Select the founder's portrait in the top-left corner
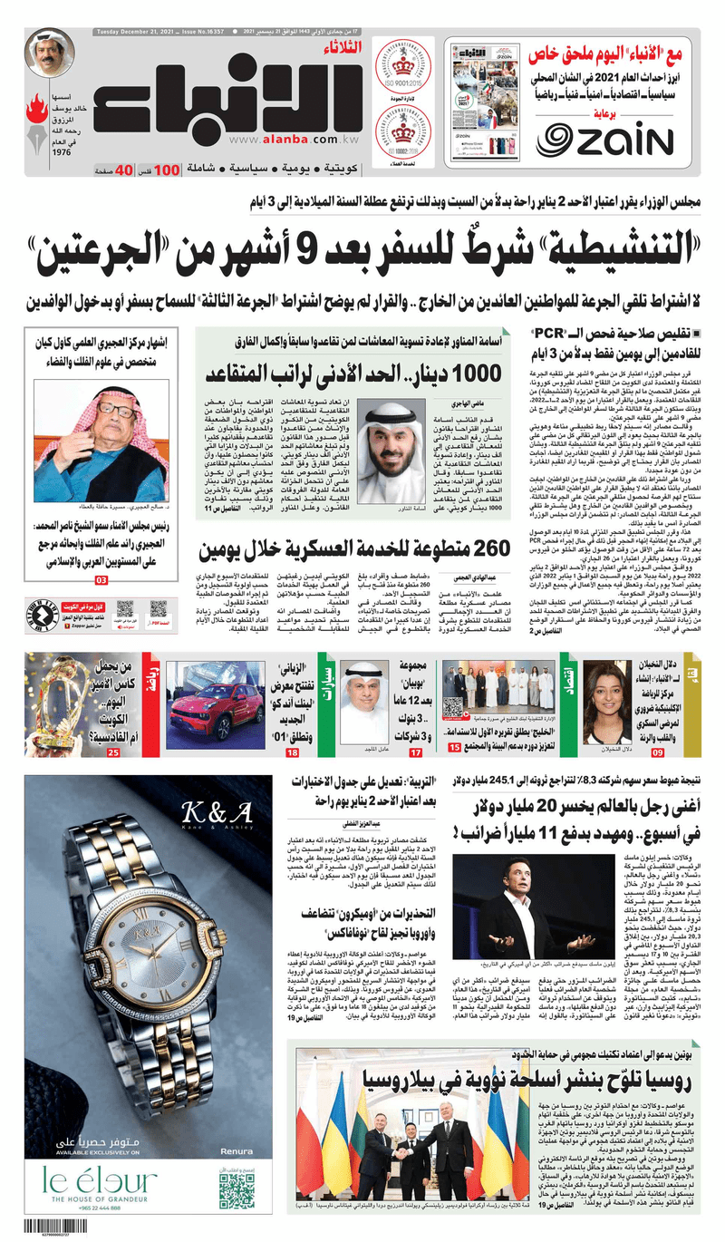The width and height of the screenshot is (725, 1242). tap(50, 53)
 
